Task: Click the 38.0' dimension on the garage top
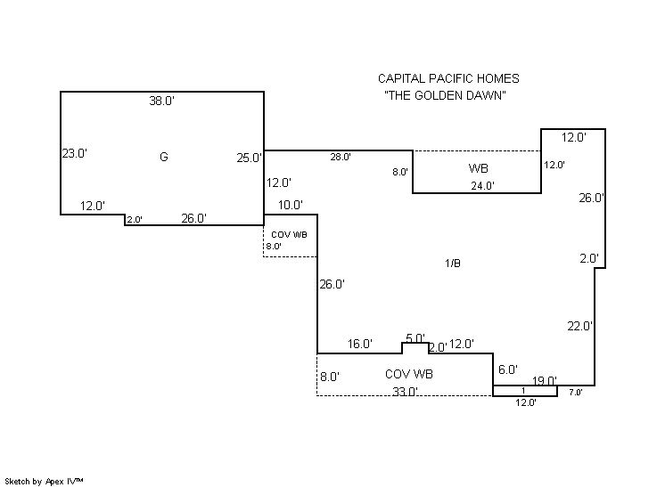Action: pos(161,101)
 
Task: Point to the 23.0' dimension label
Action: pos(74,153)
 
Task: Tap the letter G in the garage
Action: pos(163,157)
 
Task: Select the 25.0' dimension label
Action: pos(250,158)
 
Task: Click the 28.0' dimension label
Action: pos(341,158)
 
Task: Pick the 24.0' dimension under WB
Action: pos(482,186)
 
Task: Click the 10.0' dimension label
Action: pos(291,206)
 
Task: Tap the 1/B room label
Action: pos(453,263)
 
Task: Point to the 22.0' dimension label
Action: pos(579,327)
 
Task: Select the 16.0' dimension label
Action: pos(360,345)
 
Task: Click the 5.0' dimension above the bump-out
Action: pos(415,338)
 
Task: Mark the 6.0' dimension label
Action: pos(508,369)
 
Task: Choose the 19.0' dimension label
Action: pos(545,380)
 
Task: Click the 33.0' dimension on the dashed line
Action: pos(406,392)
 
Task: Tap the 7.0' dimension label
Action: pos(575,393)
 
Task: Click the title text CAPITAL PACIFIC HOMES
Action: pos(448,79)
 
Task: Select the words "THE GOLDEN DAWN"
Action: pos(446,96)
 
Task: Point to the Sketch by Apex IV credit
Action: pos(45,481)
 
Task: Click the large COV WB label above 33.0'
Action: pos(409,374)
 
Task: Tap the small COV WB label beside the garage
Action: pos(289,234)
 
